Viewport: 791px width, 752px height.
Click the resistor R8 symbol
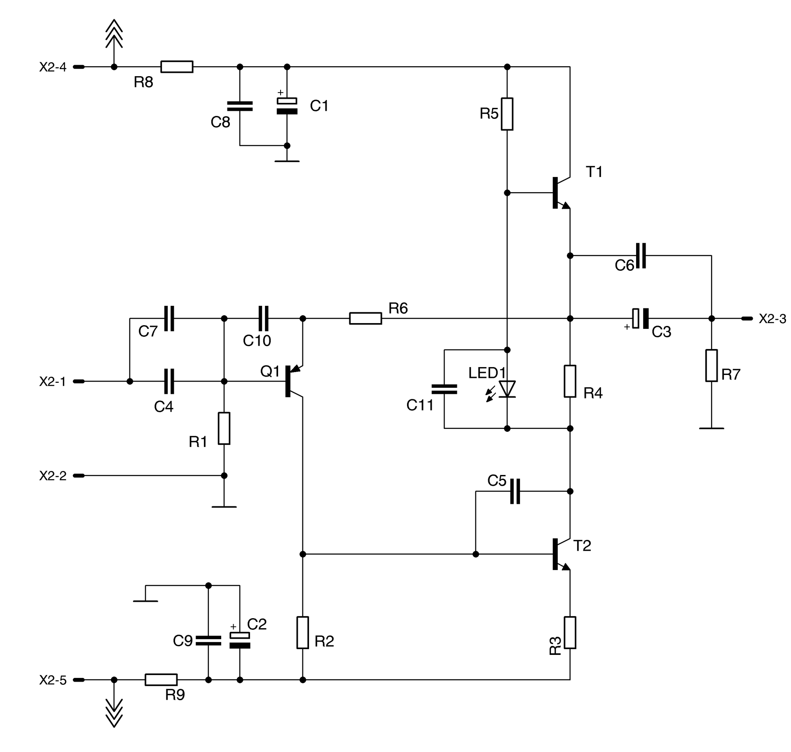(176, 67)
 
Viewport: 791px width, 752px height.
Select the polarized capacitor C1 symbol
(287, 106)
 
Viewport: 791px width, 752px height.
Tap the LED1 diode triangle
(507, 389)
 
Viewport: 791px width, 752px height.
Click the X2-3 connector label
(772, 319)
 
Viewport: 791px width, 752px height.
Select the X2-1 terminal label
(52, 382)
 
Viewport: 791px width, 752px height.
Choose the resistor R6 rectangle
(365, 318)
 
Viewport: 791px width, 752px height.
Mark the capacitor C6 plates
(641, 256)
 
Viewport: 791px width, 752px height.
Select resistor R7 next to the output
(711, 366)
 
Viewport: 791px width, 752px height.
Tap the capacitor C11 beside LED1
(444, 389)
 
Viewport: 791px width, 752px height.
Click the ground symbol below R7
(711, 428)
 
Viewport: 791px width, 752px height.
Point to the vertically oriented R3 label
(555, 645)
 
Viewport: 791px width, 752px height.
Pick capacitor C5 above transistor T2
(515, 491)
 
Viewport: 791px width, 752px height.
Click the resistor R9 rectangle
(161, 680)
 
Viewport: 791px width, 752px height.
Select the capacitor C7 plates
(169, 318)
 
